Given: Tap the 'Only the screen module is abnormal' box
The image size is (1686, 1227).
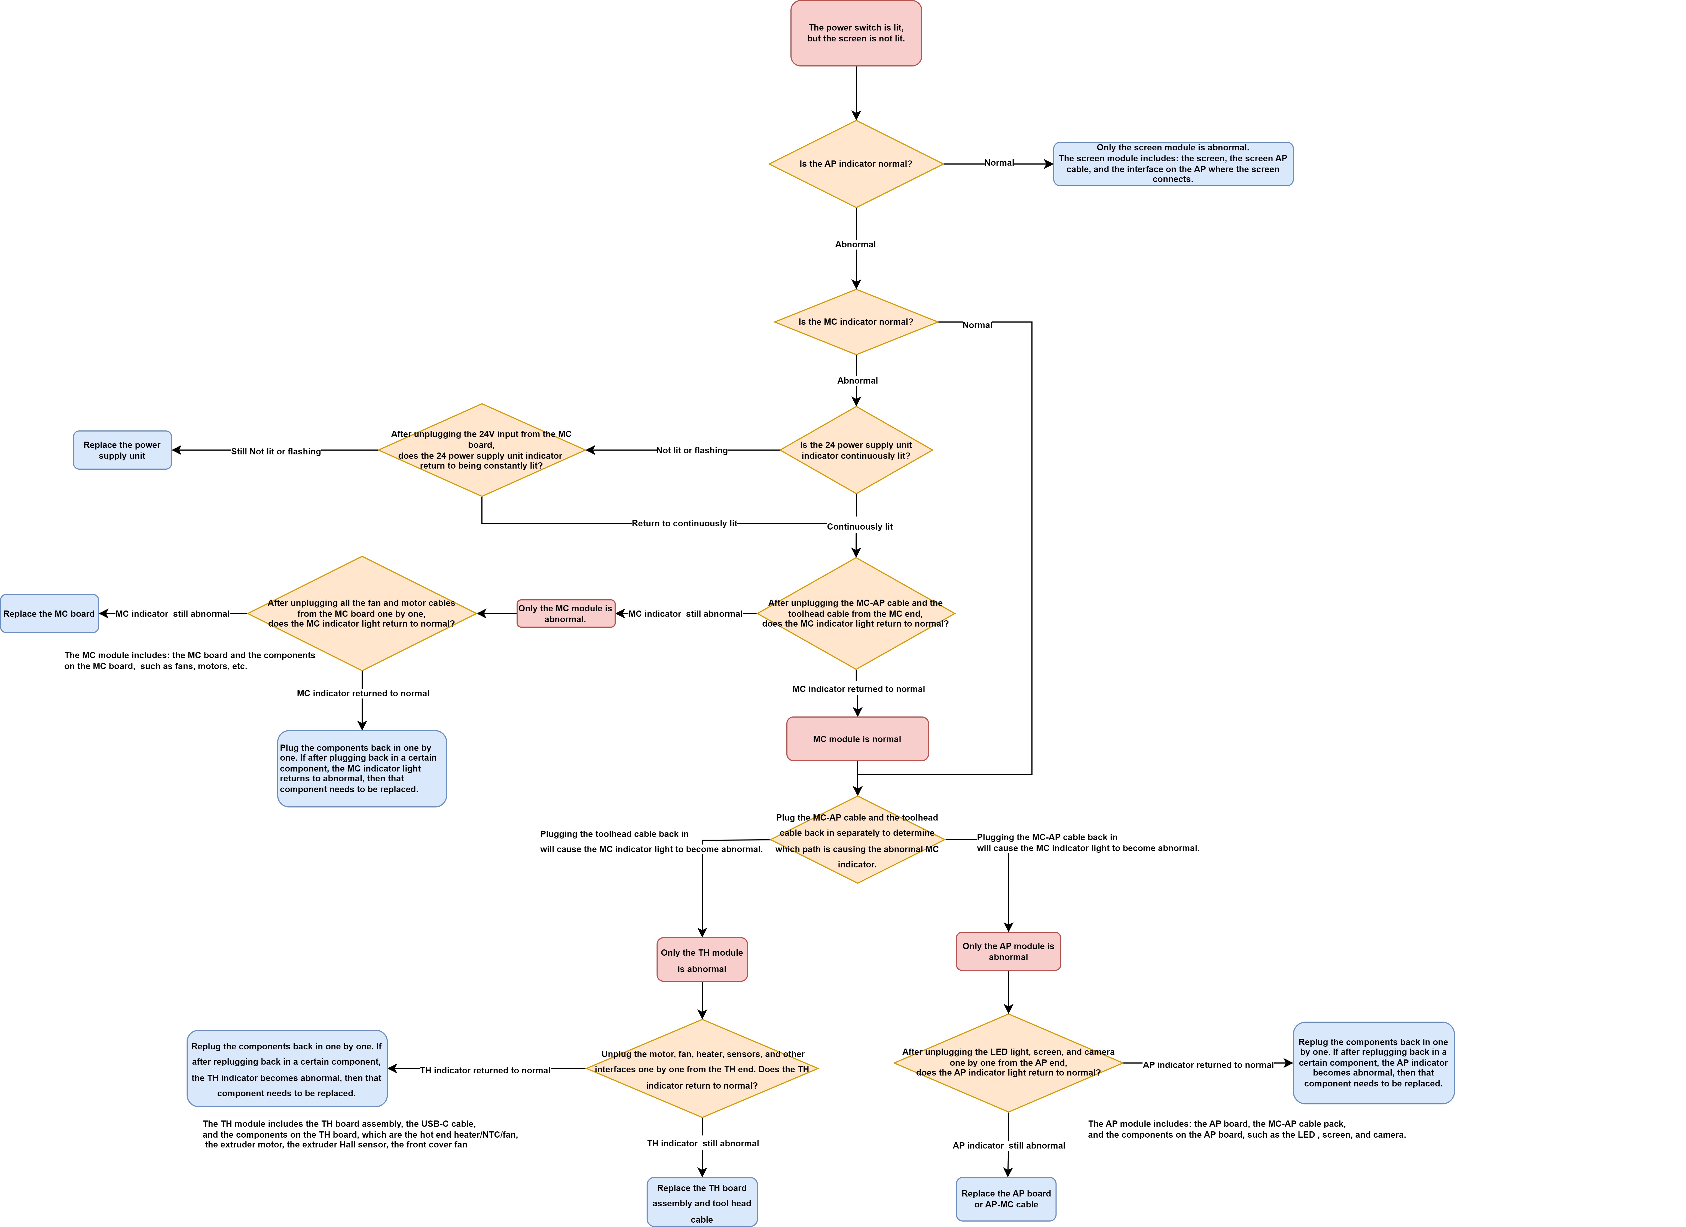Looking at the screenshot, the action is (x=1173, y=164).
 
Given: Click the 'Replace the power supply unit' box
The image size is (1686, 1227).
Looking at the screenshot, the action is (x=122, y=450).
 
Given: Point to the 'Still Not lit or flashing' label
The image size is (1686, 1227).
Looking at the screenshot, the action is (x=276, y=451).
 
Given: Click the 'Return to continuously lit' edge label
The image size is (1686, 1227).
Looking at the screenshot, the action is (x=685, y=524).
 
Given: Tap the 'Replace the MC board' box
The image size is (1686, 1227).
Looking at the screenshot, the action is (x=49, y=613).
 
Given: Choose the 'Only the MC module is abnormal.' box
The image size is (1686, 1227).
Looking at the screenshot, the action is (x=566, y=613).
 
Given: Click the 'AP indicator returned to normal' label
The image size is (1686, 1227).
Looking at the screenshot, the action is (x=1208, y=1065).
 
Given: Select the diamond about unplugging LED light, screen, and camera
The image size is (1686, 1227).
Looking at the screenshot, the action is (x=1008, y=1063).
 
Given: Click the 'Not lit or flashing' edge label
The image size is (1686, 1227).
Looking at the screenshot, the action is (x=692, y=451).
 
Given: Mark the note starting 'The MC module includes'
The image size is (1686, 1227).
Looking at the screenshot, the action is (x=190, y=660).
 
